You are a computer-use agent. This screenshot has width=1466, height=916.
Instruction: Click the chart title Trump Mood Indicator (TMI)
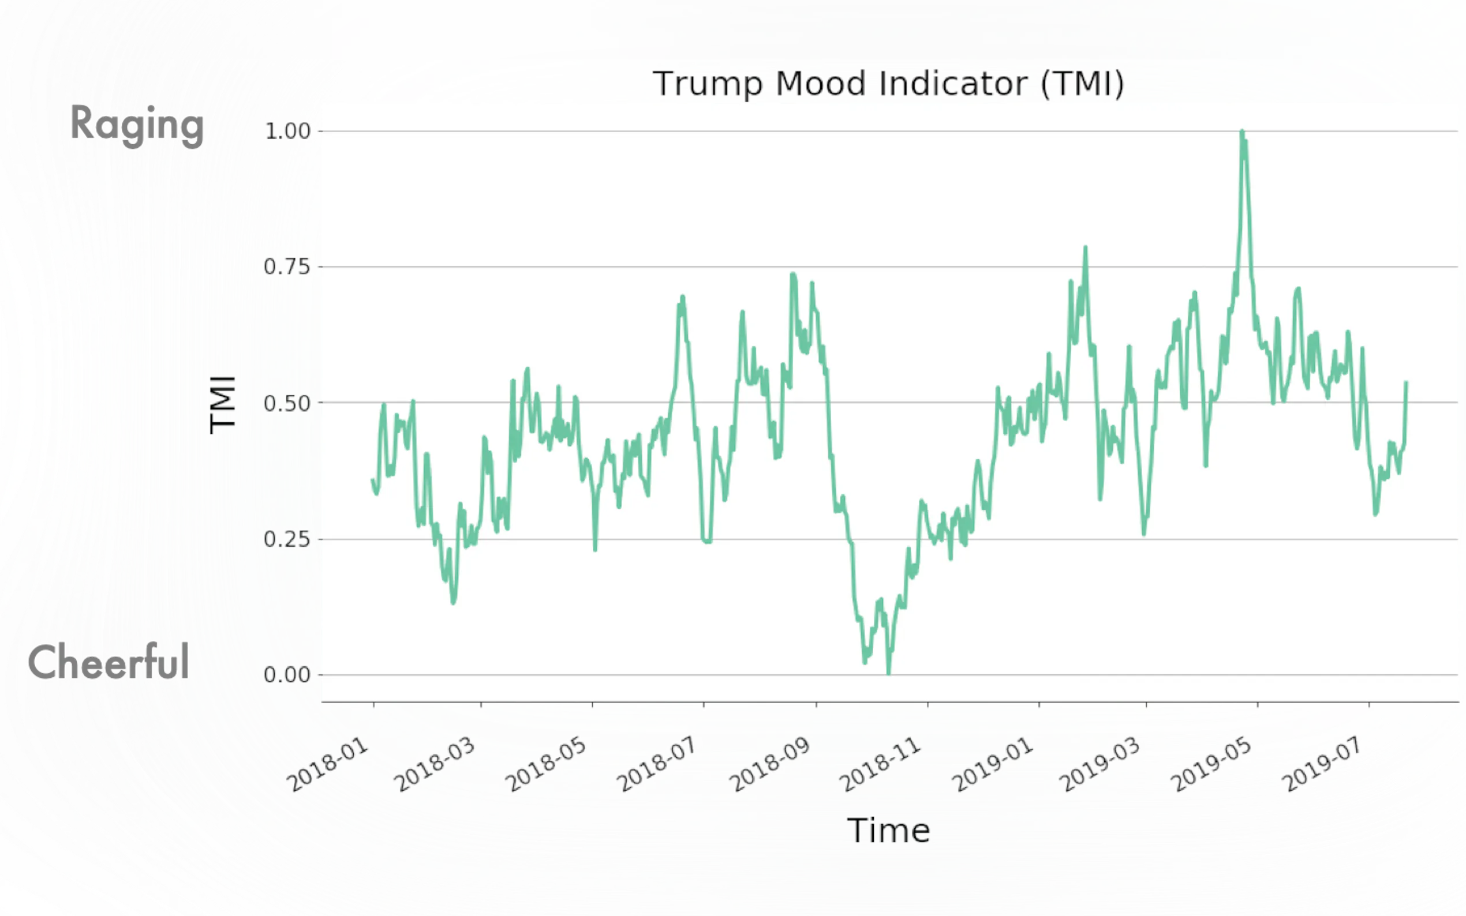[x=888, y=84]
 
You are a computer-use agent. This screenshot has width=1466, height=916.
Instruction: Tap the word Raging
[x=137, y=125]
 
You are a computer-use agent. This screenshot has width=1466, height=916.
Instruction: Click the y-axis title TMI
[x=222, y=404]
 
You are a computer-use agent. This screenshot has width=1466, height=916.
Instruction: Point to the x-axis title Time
[x=888, y=830]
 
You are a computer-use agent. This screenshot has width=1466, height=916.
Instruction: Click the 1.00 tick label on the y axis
[x=287, y=131]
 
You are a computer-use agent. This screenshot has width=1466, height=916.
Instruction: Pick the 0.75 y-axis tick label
[x=287, y=266]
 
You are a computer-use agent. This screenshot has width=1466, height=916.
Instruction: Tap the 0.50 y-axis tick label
[x=287, y=403]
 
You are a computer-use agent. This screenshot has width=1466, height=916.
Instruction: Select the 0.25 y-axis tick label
[x=287, y=539]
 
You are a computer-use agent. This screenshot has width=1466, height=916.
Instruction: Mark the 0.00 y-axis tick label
[x=287, y=674]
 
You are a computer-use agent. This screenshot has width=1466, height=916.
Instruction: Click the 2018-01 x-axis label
[x=327, y=764]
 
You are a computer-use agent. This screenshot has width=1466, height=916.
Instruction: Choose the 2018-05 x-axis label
[x=545, y=764]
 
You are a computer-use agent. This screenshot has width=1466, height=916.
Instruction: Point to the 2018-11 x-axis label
[x=881, y=764]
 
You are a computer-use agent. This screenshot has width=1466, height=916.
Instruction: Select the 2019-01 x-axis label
[x=992, y=764]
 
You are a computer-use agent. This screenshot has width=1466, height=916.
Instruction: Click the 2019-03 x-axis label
[x=1099, y=764]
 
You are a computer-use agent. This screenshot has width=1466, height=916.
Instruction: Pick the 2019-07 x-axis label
[x=1321, y=764]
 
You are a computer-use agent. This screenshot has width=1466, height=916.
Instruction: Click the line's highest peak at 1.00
[x=1241, y=132]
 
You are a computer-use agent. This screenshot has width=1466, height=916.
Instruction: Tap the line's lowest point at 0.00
[x=888, y=673]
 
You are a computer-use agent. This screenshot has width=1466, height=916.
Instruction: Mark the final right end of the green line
[x=1406, y=383]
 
